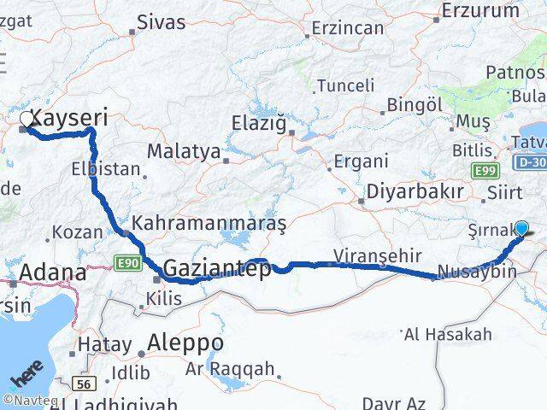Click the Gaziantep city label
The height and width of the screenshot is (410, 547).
click(x=217, y=268)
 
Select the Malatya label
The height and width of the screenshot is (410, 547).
click(x=184, y=151)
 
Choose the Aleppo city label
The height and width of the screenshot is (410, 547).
click(x=185, y=343)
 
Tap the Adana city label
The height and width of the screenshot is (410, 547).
click(x=52, y=273)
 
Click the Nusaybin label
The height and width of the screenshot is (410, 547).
click(x=476, y=272)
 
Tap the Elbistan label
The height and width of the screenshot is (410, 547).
click(x=106, y=168)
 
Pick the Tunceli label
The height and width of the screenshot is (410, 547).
click(x=345, y=85)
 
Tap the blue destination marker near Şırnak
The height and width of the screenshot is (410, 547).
click(x=521, y=228)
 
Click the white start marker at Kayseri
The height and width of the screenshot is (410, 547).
click(x=26, y=121)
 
